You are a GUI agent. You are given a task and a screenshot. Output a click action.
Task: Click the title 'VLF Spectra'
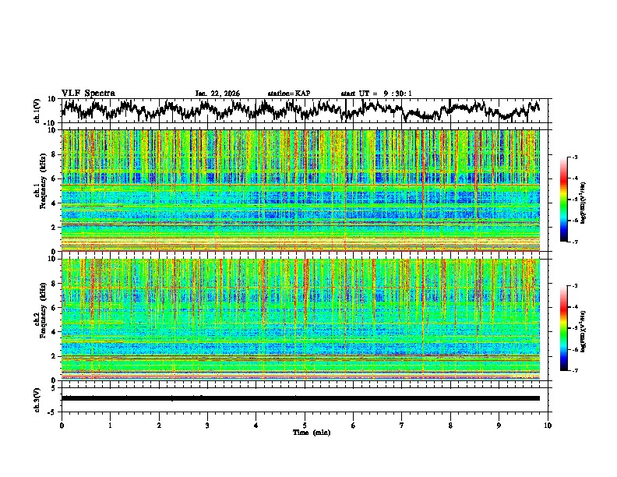pyautogui.click(x=88, y=94)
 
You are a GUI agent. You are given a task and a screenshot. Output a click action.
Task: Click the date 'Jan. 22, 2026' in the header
pyautogui.click(x=217, y=94)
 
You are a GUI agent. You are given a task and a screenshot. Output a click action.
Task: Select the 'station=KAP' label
pyautogui.click(x=289, y=94)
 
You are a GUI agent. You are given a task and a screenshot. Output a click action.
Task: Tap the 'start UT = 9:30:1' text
pyautogui.click(x=376, y=94)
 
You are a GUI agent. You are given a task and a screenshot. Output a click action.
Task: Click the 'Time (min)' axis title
pyautogui.click(x=305, y=432)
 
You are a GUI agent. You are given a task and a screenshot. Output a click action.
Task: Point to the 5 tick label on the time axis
pyautogui.click(x=305, y=425)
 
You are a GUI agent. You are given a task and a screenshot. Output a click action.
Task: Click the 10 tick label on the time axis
pyautogui.click(x=548, y=425)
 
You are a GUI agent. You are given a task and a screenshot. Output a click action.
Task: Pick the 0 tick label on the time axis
pyautogui.click(x=62, y=425)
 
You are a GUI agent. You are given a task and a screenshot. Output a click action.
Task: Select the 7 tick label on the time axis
pyautogui.click(x=402, y=425)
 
